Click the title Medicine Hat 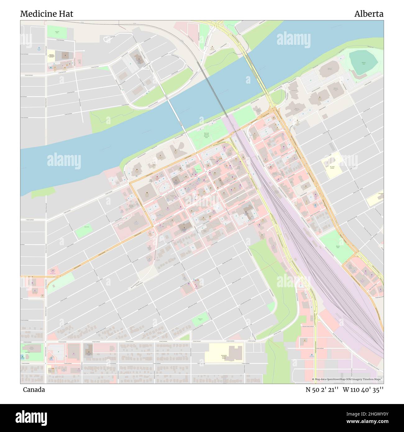coord(47,14)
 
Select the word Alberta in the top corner coord(369,14)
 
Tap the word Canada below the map coord(34,390)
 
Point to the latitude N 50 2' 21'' coord(322,390)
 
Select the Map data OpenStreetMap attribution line coord(347,379)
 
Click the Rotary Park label coord(337,247)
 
